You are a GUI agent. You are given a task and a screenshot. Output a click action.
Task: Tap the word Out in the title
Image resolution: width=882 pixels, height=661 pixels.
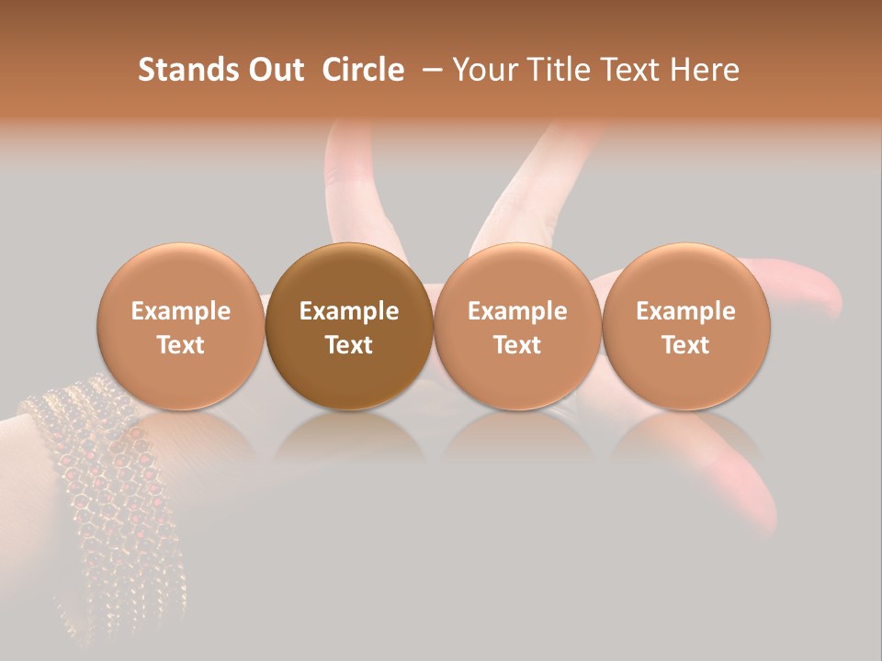pyautogui.click(x=274, y=70)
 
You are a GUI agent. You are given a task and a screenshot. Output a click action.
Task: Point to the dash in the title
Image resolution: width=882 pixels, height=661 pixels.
pyautogui.click(x=429, y=70)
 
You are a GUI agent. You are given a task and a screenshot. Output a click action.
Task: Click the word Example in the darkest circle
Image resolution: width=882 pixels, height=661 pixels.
pyautogui.click(x=349, y=311)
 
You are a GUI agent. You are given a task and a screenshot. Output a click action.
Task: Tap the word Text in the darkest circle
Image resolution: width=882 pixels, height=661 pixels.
pyautogui.click(x=349, y=345)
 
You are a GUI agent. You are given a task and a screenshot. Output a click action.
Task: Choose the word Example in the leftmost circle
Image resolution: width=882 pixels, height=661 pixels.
pyautogui.click(x=181, y=311)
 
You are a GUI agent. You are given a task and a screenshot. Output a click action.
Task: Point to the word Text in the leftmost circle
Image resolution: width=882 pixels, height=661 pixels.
pyautogui.click(x=181, y=345)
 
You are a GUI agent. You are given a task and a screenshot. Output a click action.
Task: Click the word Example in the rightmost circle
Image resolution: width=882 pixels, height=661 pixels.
pyautogui.click(x=686, y=311)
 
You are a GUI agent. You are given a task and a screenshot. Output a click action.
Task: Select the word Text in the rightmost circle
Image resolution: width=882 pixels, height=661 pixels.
pyautogui.click(x=686, y=345)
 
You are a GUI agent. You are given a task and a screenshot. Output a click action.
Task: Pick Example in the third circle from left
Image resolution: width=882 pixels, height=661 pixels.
pyautogui.click(x=517, y=311)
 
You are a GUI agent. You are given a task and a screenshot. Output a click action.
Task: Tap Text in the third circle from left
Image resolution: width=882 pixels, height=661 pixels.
pyautogui.click(x=517, y=345)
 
